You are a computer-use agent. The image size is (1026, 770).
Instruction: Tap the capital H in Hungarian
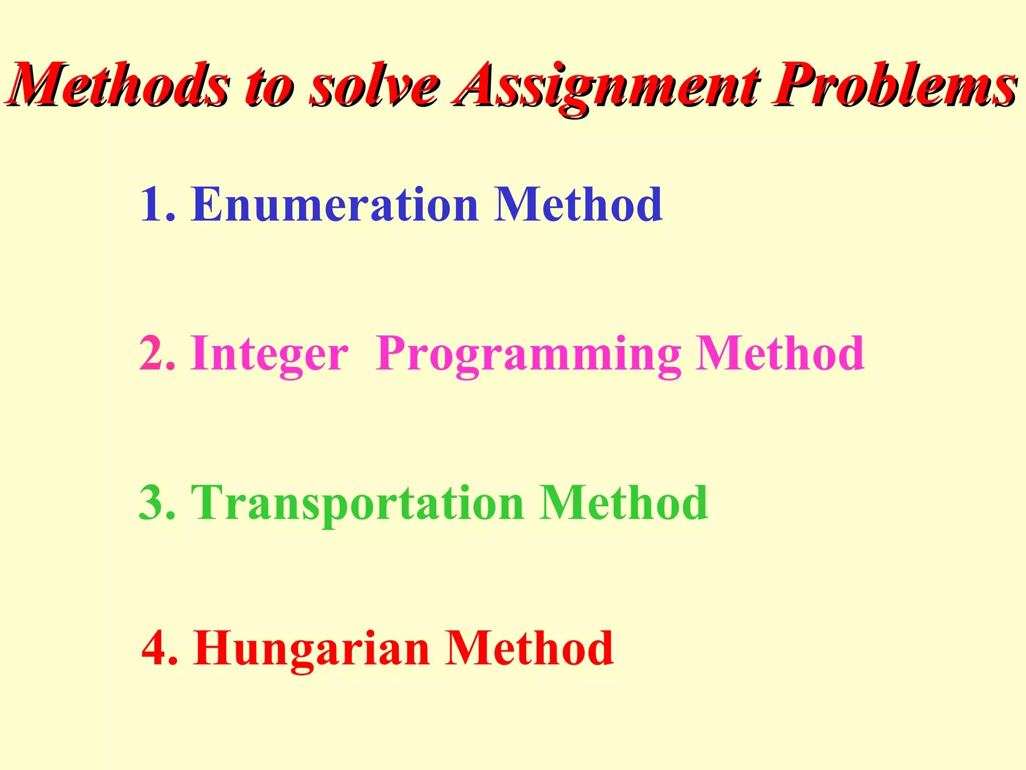point(213,648)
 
